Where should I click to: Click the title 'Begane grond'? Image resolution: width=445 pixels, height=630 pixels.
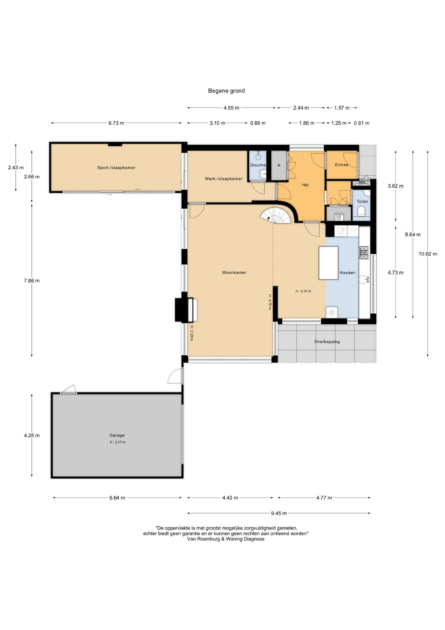click(226, 91)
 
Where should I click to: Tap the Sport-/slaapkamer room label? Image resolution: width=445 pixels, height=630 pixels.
click(116, 168)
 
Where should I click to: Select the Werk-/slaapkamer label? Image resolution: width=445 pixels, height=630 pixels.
click(223, 179)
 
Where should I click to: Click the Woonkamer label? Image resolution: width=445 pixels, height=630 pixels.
click(234, 272)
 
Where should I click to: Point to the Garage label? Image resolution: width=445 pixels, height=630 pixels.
click(117, 435)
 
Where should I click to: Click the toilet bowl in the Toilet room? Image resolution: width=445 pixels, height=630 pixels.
click(362, 211)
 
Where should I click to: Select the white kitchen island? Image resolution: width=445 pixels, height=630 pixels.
click(328, 263)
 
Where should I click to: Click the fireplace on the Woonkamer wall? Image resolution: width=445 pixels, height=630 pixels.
click(186, 310)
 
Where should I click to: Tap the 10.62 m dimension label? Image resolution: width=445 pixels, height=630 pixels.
click(428, 254)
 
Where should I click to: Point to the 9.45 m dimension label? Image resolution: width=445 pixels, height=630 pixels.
click(279, 513)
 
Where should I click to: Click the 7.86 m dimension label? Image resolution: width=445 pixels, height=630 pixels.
click(32, 281)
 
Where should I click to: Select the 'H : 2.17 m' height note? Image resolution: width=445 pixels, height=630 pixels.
click(118, 442)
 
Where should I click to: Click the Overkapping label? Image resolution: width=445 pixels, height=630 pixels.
click(327, 342)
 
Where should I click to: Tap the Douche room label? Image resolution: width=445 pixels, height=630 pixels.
click(258, 165)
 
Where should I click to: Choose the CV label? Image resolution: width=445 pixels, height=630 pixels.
click(339, 216)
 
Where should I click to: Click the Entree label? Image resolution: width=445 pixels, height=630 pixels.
click(341, 165)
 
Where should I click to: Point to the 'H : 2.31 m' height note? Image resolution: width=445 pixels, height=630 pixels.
click(303, 291)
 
